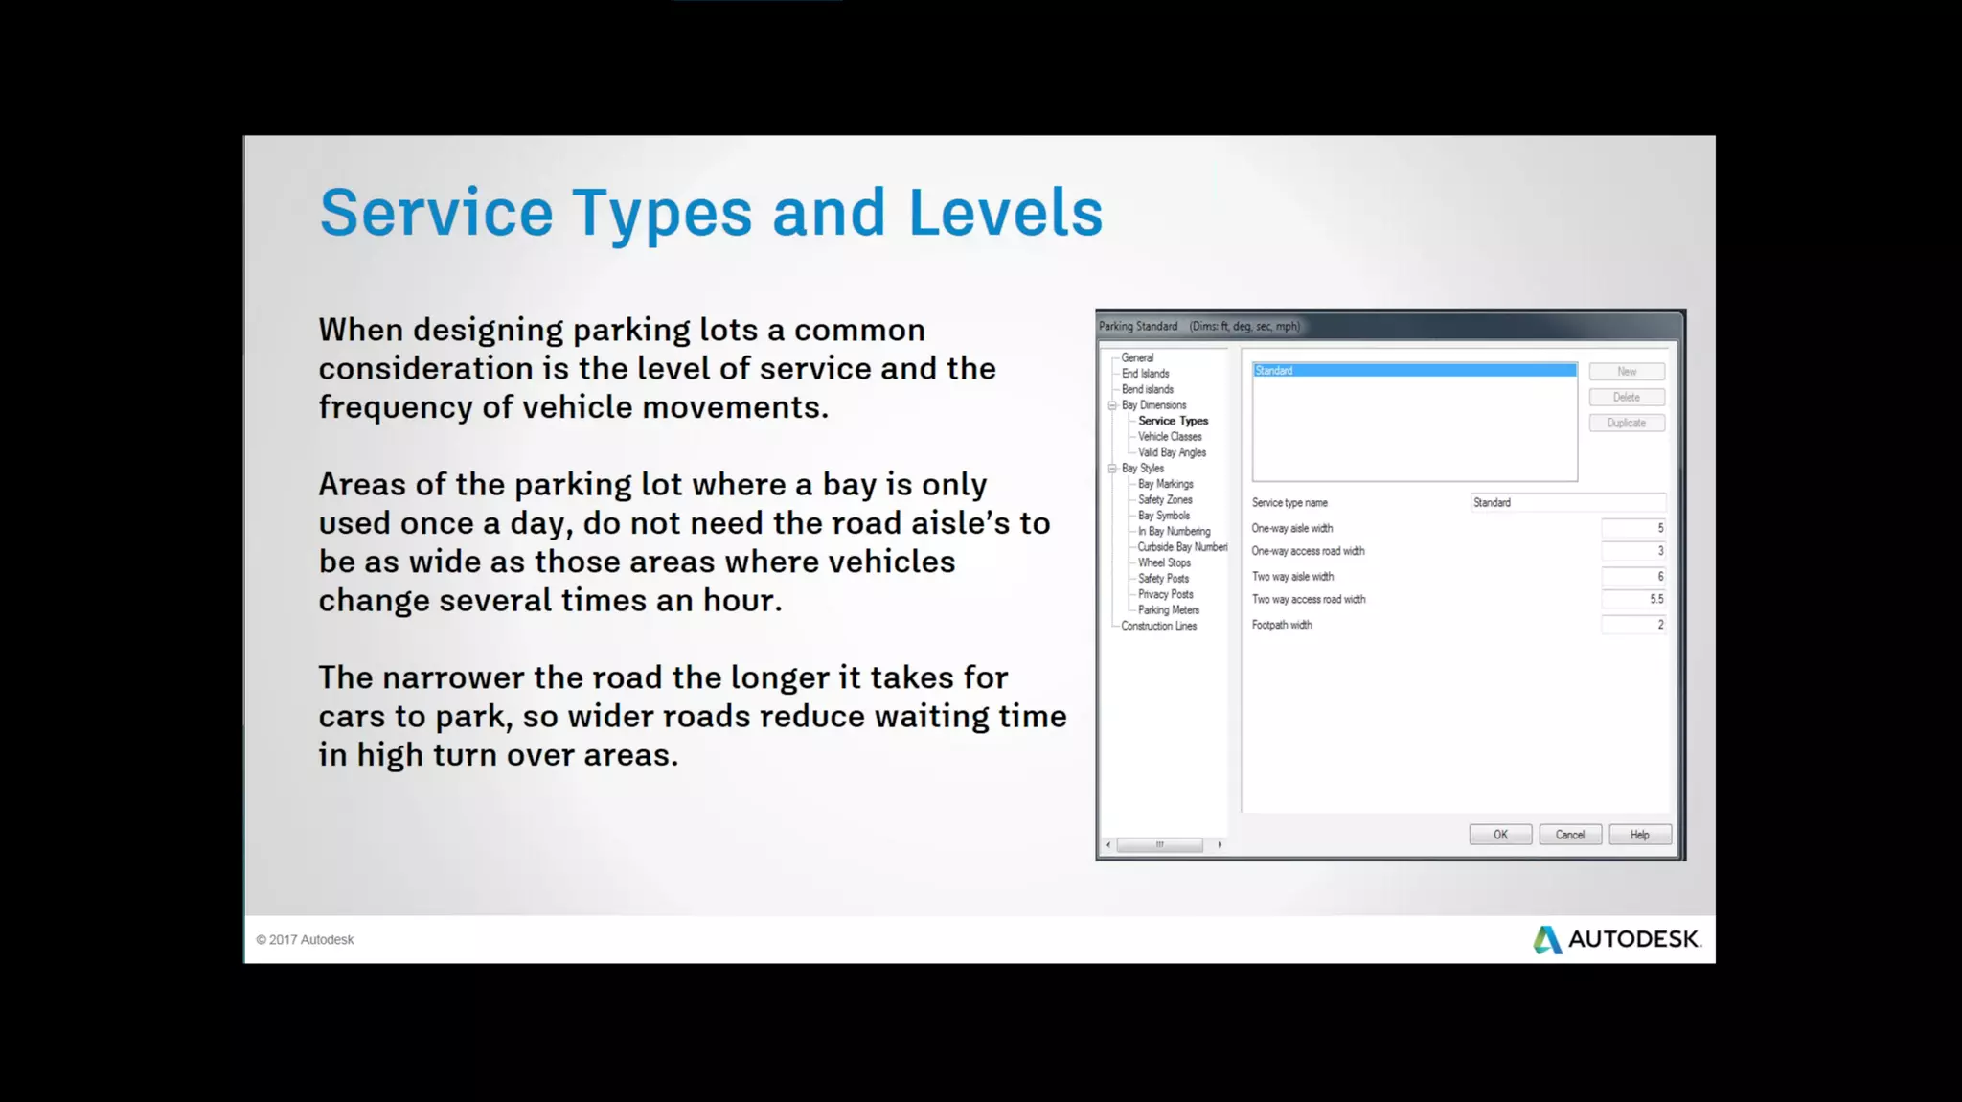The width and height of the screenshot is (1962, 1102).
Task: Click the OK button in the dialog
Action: (x=1500, y=835)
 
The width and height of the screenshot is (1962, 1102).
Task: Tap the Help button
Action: (x=1640, y=835)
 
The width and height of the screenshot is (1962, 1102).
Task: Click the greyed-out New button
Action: (x=1627, y=372)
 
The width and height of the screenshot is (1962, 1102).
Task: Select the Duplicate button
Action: (x=1627, y=423)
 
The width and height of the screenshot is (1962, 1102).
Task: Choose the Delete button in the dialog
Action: (x=1627, y=397)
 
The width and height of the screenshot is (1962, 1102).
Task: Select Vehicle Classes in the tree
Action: (x=1170, y=437)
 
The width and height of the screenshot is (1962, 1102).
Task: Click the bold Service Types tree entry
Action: (x=1173, y=421)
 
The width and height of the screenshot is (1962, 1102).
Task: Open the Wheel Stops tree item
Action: (x=1164, y=562)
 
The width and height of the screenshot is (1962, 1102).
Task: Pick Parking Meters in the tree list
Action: (x=1169, y=610)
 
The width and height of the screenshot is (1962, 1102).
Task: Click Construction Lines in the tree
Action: (x=1159, y=626)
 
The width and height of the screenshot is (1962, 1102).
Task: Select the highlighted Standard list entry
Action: (x=1414, y=371)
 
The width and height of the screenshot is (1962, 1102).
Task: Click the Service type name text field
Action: (x=1568, y=503)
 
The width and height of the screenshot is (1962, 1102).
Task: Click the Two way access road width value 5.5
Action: (x=1634, y=600)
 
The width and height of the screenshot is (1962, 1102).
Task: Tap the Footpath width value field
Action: (x=1634, y=625)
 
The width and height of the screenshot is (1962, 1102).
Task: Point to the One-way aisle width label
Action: (x=1291, y=528)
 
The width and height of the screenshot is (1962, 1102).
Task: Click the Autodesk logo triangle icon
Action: (x=1546, y=940)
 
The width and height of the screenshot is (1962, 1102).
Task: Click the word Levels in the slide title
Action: (x=1005, y=213)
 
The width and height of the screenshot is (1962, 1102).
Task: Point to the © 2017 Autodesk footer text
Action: (x=305, y=940)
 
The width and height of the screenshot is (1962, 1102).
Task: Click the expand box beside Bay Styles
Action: (x=1112, y=469)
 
